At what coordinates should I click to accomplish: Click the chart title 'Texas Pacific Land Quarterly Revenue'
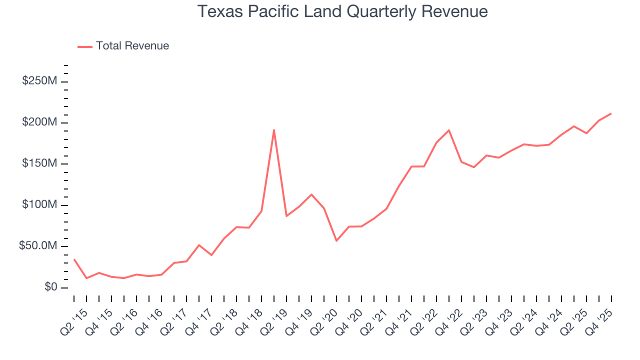pyautogui.click(x=342, y=11)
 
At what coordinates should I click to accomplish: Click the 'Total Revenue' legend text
pyautogui.click(x=132, y=46)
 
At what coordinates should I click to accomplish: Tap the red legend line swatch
pyautogui.click(x=85, y=46)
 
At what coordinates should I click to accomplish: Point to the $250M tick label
pyautogui.click(x=39, y=81)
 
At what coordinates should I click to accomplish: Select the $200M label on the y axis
pyautogui.click(x=39, y=122)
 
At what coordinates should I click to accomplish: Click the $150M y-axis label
pyautogui.click(x=39, y=164)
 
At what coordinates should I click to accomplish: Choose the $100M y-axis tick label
pyautogui.click(x=39, y=205)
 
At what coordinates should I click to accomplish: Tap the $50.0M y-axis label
pyautogui.click(x=37, y=246)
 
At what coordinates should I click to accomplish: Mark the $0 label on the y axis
pyautogui.click(x=50, y=287)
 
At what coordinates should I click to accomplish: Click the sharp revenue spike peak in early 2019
pyautogui.click(x=274, y=130)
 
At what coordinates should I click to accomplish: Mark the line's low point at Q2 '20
pyautogui.click(x=336, y=241)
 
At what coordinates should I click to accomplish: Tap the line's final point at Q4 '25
pyautogui.click(x=611, y=113)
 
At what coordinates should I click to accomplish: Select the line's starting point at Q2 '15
pyautogui.click(x=74, y=259)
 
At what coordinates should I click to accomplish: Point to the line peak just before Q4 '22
pyautogui.click(x=449, y=130)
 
